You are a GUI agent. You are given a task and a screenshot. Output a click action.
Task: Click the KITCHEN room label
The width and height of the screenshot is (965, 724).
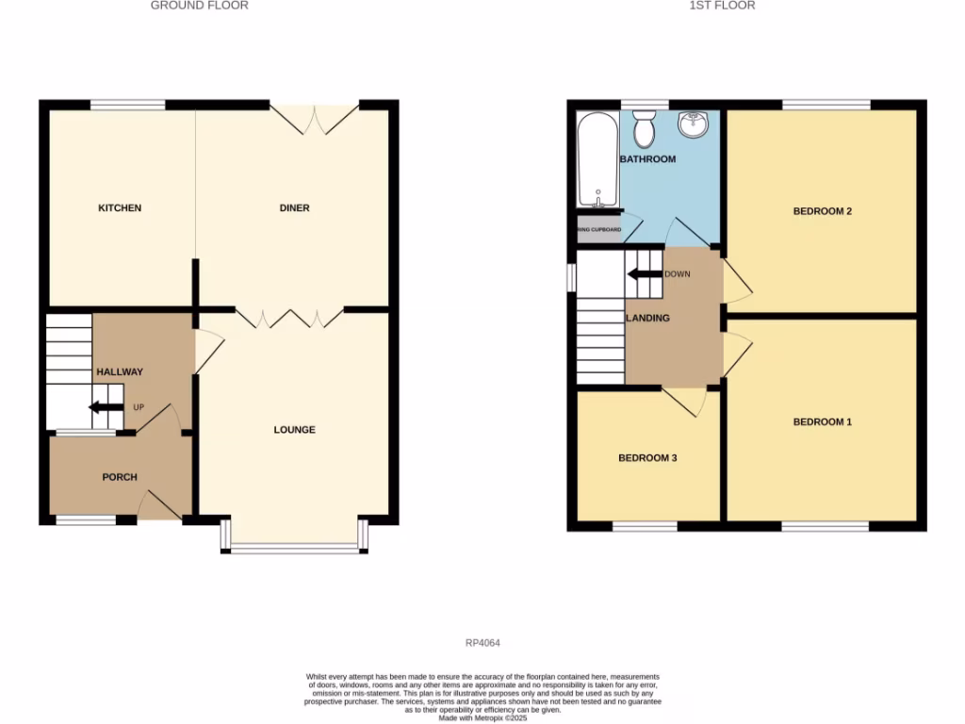tap(120, 208)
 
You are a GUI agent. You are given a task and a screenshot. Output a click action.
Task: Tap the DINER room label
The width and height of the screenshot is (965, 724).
tap(294, 208)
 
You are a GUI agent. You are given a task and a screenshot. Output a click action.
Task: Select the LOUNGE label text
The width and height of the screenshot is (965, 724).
tap(294, 430)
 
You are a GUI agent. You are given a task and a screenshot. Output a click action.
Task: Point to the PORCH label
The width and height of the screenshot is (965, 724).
tap(120, 477)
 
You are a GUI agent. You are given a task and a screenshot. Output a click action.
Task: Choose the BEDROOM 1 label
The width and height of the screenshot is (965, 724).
tap(822, 422)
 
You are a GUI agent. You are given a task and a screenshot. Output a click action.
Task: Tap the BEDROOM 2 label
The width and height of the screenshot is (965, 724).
tap(822, 211)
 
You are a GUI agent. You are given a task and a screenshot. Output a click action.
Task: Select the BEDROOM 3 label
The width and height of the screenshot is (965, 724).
tap(647, 458)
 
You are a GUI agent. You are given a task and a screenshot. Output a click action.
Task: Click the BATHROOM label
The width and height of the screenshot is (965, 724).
tap(647, 159)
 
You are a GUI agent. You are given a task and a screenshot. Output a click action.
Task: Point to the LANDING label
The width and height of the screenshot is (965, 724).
tap(648, 319)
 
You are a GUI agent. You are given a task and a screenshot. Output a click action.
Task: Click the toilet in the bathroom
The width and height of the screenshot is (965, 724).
tap(645, 129)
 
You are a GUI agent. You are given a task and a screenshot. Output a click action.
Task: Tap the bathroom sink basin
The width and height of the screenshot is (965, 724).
tap(694, 123)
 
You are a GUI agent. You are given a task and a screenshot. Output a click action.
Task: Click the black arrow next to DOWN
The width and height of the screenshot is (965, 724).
tap(645, 274)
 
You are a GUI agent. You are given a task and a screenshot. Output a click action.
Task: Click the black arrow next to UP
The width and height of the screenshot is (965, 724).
tap(106, 407)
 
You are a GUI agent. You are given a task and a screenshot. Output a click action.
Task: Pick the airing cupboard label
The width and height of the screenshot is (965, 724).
tap(598, 230)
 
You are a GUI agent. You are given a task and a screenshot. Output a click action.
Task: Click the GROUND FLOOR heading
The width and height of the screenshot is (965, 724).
tap(200, 6)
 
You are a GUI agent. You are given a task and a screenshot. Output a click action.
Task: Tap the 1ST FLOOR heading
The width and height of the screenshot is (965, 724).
tap(723, 6)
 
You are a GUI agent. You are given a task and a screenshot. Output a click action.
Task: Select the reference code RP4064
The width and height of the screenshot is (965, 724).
tap(482, 644)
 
